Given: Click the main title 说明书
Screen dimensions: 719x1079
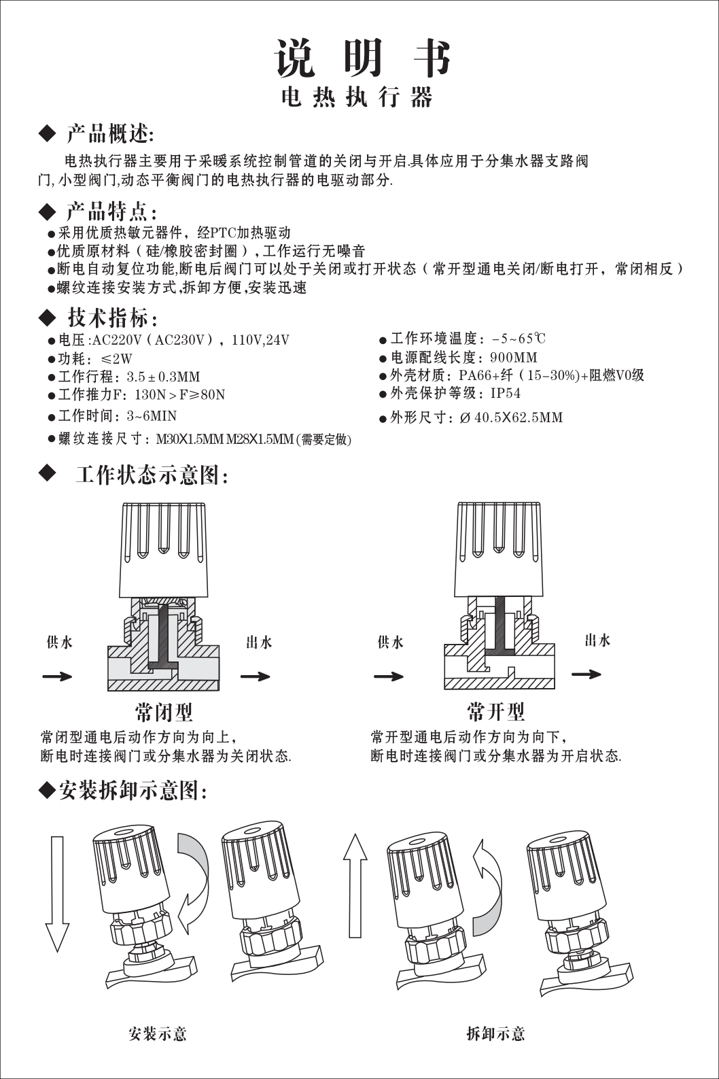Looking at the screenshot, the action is [362, 59].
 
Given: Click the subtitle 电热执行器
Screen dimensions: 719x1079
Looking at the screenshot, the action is [357, 98].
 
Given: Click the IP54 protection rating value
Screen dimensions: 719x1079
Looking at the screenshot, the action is [506, 393].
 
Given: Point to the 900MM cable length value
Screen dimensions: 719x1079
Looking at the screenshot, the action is [513, 357].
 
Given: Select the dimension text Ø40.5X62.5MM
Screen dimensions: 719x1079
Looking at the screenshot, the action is [511, 417].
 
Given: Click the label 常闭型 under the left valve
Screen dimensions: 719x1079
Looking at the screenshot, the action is [164, 712].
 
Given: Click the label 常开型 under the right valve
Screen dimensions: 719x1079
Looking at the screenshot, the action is [495, 712].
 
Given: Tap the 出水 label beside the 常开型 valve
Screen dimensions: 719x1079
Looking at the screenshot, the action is [597, 640].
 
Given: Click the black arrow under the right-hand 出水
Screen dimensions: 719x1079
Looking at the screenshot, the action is [586, 674].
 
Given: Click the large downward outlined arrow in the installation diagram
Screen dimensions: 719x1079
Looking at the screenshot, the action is [57, 894].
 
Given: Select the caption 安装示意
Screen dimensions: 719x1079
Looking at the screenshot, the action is [158, 1035].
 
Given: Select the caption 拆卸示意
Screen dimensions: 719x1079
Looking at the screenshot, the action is [495, 1035].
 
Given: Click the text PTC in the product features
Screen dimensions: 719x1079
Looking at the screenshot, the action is [223, 233].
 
